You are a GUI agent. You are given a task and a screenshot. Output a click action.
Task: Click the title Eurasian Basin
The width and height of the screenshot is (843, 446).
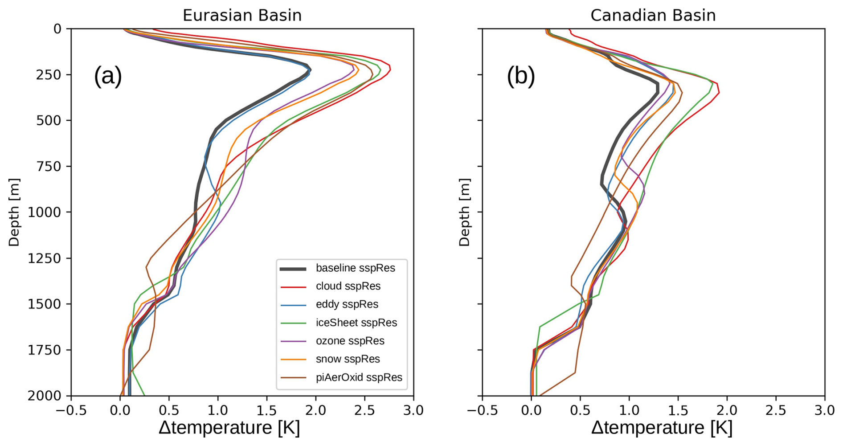click(242, 15)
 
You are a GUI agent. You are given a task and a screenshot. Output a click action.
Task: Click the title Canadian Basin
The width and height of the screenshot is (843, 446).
click(653, 15)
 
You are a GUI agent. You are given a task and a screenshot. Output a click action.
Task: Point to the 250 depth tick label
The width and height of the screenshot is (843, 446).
click(49, 75)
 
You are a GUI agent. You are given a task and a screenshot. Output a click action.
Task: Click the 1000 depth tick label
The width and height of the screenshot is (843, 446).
click(44, 213)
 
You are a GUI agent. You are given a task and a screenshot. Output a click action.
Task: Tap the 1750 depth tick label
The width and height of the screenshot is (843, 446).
click(44, 350)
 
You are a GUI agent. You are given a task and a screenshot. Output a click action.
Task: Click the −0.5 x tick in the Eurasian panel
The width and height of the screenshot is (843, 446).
click(71, 410)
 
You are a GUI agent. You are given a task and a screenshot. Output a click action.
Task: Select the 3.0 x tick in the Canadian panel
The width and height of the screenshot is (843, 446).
click(824, 410)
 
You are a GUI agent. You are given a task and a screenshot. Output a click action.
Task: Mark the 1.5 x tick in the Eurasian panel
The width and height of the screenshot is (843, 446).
click(266, 410)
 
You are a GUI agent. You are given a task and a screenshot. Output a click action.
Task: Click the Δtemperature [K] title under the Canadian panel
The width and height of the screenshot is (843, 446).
click(662, 428)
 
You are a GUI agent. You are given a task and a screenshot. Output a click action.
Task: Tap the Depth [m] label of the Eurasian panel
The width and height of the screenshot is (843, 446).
click(14, 212)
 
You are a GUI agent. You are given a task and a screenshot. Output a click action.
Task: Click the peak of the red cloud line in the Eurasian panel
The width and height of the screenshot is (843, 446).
click(390, 68)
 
